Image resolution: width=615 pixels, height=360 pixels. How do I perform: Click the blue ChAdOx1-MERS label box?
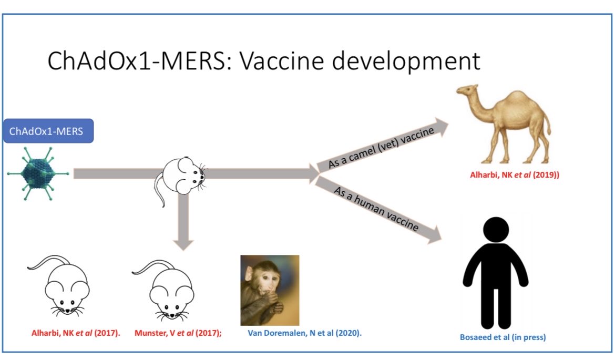tap(48, 131)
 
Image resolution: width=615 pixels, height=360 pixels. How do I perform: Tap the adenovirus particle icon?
tap(38, 174)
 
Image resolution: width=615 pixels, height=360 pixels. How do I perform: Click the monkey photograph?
tap(270, 290)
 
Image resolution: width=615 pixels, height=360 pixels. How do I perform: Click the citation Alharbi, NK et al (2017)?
tap(73, 333)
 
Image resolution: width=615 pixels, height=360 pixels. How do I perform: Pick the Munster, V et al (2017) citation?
tap(178, 333)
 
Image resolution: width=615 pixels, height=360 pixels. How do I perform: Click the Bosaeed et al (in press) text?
tap(502, 337)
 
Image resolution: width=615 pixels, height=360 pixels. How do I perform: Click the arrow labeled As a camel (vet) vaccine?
tap(384, 147)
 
